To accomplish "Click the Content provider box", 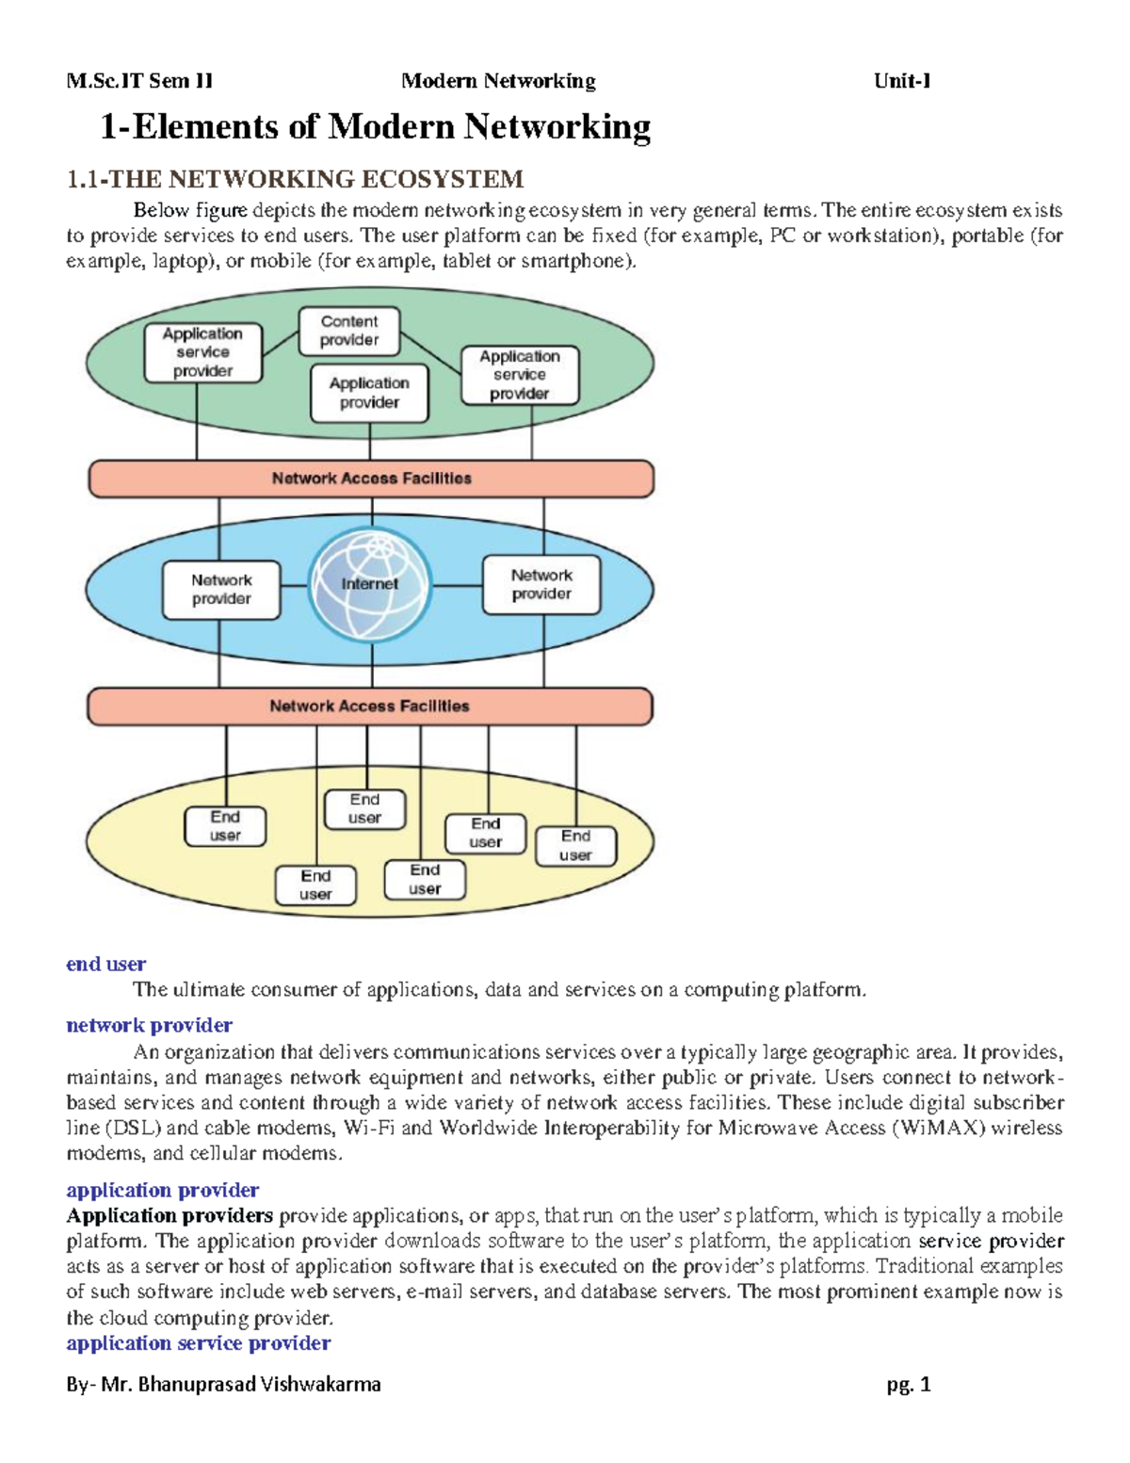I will tap(349, 332).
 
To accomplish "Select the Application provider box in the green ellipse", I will tap(369, 394).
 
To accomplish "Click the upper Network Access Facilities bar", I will tap(371, 479).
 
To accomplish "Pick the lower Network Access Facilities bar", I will tap(369, 707).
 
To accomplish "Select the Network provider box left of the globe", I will tap(221, 590).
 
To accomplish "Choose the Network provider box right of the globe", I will tap(541, 585).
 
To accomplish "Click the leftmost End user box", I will tap(225, 826).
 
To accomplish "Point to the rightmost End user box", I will tap(575, 846).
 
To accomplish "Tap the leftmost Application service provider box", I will tap(202, 352).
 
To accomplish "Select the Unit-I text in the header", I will tap(902, 81).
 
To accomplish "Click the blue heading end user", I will tap(105, 964).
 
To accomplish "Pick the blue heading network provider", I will tap(149, 1025).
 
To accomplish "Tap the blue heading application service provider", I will tap(198, 1343).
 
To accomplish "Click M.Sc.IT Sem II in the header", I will tap(139, 81).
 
